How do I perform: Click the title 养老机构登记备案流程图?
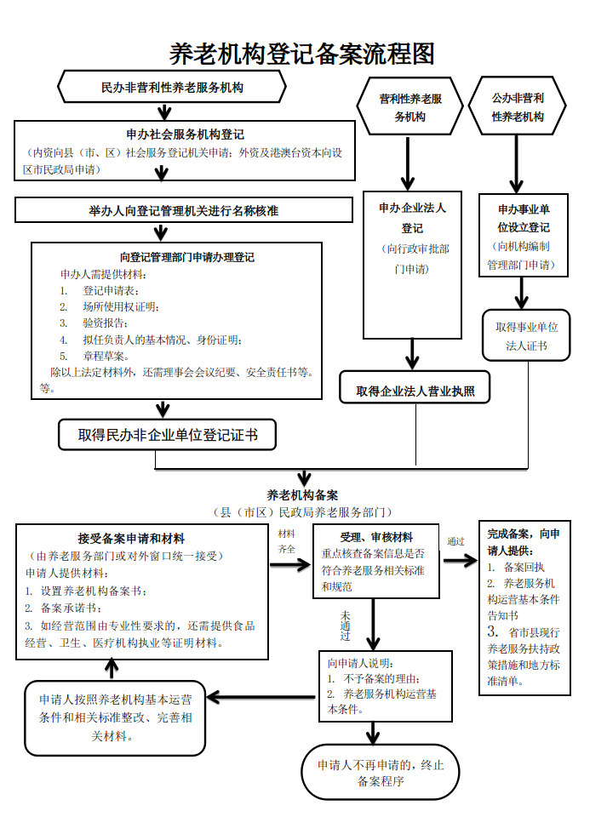click(302, 54)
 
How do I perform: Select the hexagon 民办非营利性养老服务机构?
click(172, 87)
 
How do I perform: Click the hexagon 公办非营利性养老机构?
click(518, 107)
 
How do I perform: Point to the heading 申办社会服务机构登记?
click(185, 134)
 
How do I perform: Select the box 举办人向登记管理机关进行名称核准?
click(184, 210)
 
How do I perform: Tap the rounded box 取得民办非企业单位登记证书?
click(168, 435)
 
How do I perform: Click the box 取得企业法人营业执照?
click(415, 391)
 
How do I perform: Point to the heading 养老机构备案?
click(302, 494)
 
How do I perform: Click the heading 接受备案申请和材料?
click(131, 538)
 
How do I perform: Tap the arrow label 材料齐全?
click(287, 541)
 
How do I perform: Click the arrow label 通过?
click(455, 541)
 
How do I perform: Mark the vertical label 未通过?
click(345, 625)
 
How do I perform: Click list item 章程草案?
click(106, 356)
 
